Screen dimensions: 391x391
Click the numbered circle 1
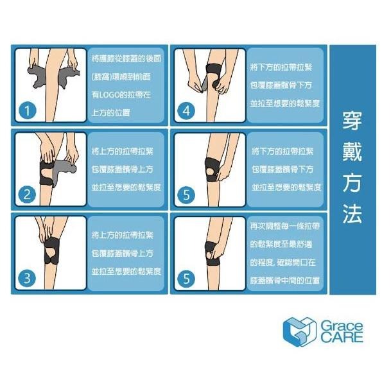click(x=26, y=110)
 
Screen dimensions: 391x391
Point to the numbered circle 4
click(x=187, y=110)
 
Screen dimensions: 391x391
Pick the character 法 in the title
click(x=352, y=214)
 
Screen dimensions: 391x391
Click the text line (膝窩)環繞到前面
click(x=122, y=76)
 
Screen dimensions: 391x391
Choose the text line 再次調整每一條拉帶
click(x=286, y=228)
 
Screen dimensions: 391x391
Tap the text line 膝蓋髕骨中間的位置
click(x=286, y=281)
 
